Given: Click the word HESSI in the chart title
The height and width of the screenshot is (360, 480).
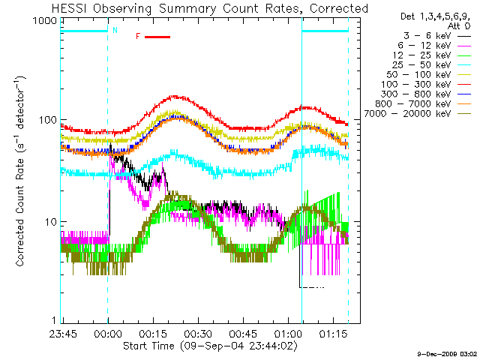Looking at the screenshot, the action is (70, 8).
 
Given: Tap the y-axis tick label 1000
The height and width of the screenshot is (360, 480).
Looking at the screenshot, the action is (45, 21).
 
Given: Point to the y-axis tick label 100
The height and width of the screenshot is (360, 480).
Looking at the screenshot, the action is (48, 120).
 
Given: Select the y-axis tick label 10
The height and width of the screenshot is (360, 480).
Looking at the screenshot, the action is (51, 222).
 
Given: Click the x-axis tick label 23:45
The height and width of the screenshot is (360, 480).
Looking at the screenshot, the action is (63, 334).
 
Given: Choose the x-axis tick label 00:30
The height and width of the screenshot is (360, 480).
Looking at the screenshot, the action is (198, 334).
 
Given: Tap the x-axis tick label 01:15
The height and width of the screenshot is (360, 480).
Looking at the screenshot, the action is (333, 334).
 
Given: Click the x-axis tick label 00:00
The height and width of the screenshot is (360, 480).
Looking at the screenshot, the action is (108, 334).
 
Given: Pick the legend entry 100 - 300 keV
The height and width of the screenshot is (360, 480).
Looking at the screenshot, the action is (416, 85).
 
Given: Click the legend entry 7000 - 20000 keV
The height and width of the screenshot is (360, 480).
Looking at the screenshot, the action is (408, 114).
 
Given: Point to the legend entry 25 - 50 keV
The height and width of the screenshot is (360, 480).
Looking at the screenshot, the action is (421, 65).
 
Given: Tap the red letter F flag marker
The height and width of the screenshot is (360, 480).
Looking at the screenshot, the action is (138, 37).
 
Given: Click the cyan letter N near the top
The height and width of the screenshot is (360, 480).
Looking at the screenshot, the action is (115, 30).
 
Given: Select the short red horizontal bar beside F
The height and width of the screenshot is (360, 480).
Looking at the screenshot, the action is (157, 37).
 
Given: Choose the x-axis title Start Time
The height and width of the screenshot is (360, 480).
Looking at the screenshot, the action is (148, 346).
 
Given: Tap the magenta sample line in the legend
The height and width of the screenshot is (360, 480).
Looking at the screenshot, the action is (464, 46).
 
